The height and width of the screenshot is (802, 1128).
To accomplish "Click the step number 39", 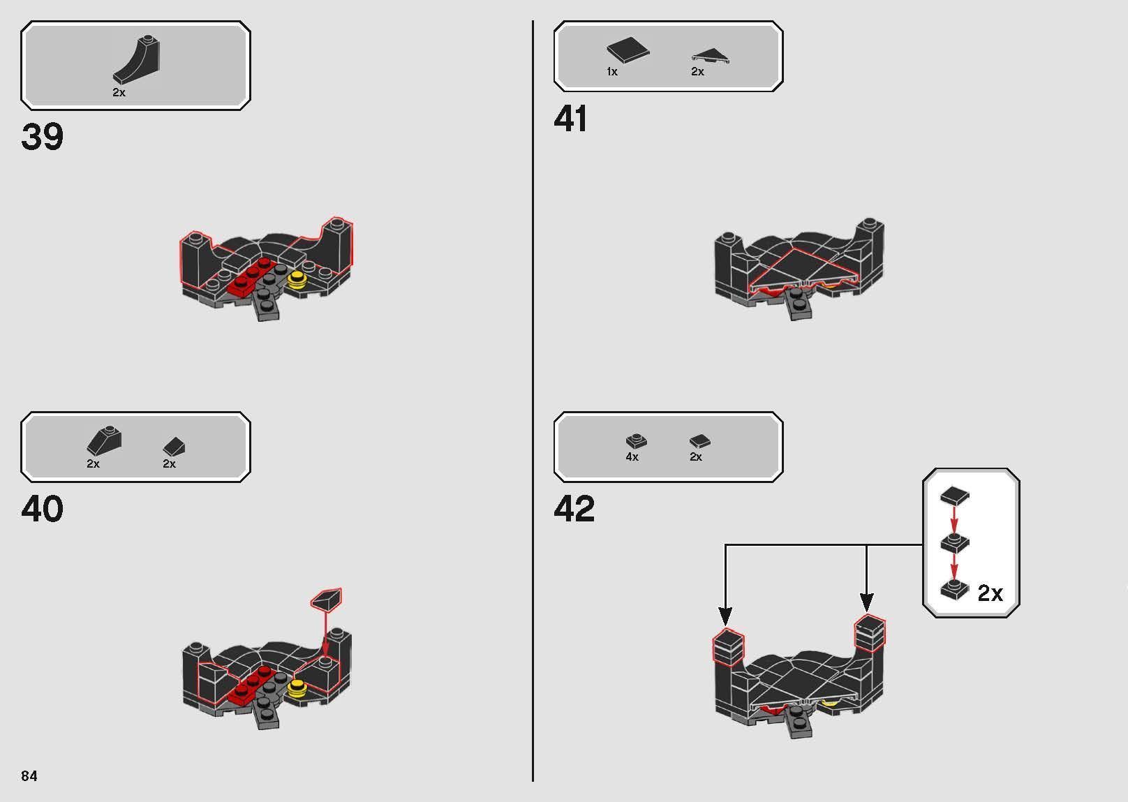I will coord(43,137).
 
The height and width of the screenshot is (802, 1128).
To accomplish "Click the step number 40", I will coord(43,509).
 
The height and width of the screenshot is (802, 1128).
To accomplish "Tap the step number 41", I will coord(570,119).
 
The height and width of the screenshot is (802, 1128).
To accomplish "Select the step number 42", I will coord(574,509).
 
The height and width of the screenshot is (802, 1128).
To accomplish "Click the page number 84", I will coord(29,776).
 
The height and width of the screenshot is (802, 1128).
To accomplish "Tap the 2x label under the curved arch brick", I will coord(119,92).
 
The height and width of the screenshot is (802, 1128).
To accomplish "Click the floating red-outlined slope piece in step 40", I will coord(327,599).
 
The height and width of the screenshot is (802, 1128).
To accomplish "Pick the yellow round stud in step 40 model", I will coord(297,688).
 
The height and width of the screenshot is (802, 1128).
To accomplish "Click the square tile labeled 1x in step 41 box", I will coord(627,50).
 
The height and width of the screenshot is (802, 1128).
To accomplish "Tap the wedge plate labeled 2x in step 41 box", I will coord(710,55).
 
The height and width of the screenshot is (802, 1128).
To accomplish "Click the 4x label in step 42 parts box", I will coord(632,456).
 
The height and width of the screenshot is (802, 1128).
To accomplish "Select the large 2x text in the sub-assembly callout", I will coord(990,593).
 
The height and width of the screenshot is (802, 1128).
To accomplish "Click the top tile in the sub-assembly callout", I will coord(954,496).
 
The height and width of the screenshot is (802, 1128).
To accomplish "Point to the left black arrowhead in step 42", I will coord(725,616).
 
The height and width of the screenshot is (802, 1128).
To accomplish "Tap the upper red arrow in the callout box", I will coord(954,519).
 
